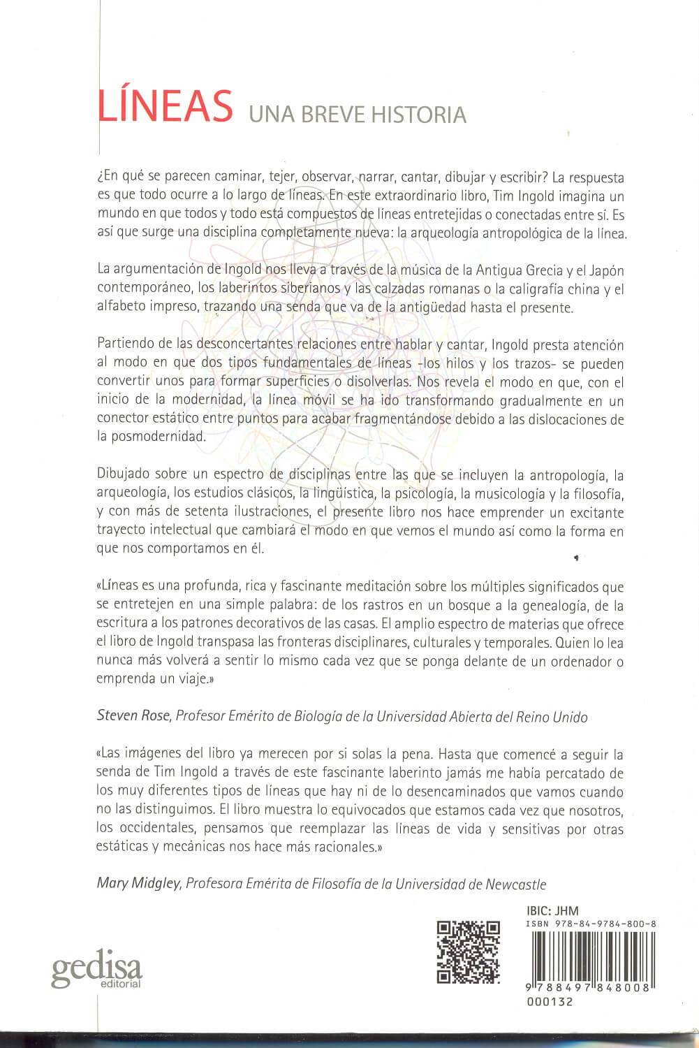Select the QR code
coord(468,952)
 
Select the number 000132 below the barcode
coord(547,1001)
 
